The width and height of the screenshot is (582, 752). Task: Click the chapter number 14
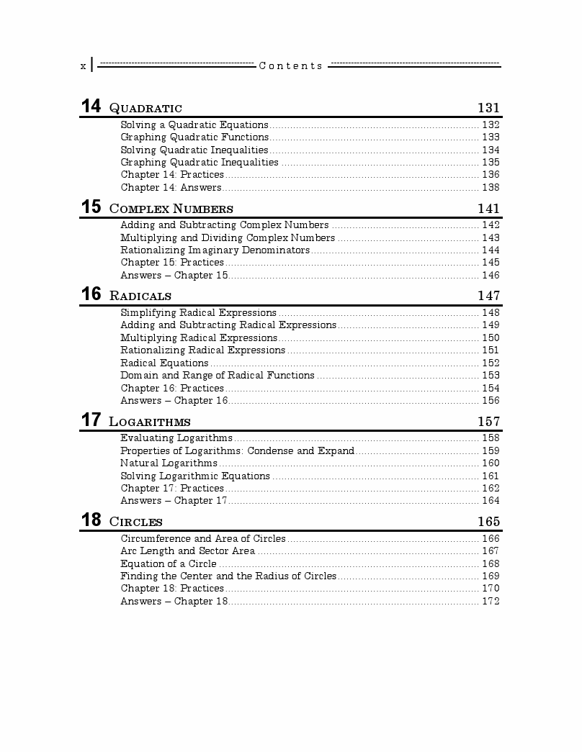click(91, 107)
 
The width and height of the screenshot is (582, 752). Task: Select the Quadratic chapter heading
click(145, 109)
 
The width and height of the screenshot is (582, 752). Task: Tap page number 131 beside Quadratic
click(488, 108)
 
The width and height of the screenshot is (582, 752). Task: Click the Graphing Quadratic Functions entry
click(194, 137)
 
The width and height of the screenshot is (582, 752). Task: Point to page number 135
click(491, 163)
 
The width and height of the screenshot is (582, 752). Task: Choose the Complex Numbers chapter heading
click(171, 209)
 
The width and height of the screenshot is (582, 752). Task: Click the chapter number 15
click(91, 207)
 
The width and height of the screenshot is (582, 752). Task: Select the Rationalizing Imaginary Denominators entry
click(215, 250)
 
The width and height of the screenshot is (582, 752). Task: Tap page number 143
click(491, 238)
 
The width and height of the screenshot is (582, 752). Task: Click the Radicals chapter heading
click(140, 296)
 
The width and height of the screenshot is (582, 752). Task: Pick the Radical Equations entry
click(164, 363)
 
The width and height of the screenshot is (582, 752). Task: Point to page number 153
click(491, 376)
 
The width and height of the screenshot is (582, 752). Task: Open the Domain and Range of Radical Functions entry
click(217, 376)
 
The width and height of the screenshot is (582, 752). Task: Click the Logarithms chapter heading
click(150, 422)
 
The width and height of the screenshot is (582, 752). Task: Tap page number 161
click(491, 476)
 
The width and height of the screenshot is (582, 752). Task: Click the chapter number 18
click(91, 520)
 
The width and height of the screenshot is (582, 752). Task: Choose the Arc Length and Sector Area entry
click(187, 551)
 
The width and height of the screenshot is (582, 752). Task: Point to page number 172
click(491, 602)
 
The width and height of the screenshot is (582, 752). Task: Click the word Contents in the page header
click(291, 66)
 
